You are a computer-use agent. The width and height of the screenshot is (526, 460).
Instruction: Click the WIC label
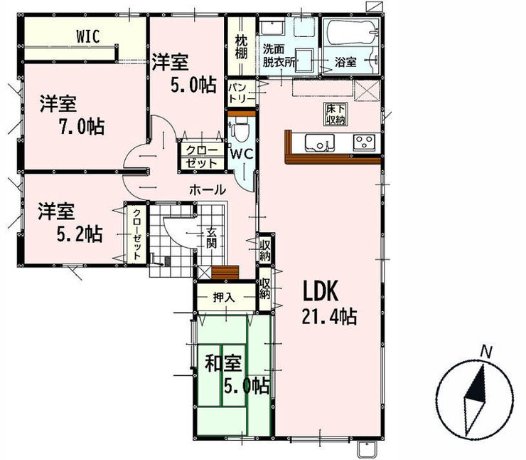pyautogui.click(x=88, y=36)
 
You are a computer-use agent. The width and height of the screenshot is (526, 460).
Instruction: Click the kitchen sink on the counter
pyautogui.click(x=319, y=142)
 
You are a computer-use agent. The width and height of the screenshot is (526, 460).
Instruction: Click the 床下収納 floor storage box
pyautogui.click(x=336, y=114)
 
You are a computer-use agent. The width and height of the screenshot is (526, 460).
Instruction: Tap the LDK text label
pyautogui.click(x=321, y=291)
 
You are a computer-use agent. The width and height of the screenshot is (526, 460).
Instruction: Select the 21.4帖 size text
pyautogui.click(x=329, y=317)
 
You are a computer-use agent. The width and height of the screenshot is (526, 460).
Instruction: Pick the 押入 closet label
pyautogui.click(x=224, y=298)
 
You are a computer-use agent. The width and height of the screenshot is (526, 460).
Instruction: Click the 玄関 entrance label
pyautogui.click(x=211, y=239)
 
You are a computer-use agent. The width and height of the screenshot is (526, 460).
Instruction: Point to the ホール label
pyautogui.click(x=208, y=190)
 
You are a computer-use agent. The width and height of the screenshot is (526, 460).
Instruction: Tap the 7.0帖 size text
pyautogui.click(x=82, y=126)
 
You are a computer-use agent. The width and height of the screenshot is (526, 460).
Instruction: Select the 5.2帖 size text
pyautogui.click(x=80, y=234)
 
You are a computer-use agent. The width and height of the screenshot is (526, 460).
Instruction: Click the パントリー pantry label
pyautogui.click(x=237, y=93)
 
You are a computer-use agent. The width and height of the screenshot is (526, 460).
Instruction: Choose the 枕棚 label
pyautogui.click(x=241, y=47)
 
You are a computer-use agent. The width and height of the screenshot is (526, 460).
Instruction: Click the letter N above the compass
pyautogui.click(x=486, y=352)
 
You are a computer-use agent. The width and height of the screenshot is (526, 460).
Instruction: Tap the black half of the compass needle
pyautogui.click(x=478, y=386)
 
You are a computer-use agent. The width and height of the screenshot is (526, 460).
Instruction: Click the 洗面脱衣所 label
pyautogui.click(x=277, y=56)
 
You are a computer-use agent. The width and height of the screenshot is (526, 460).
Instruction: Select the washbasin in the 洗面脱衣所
pyautogui.click(x=272, y=28)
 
